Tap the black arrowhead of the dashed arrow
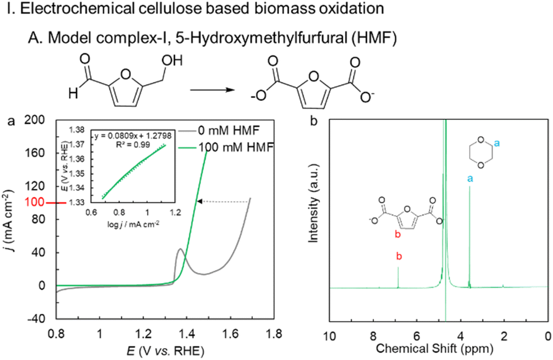tap(199, 201)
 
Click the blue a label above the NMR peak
tap(470, 179)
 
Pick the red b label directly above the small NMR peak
tap(399, 256)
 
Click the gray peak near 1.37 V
tap(180, 249)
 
